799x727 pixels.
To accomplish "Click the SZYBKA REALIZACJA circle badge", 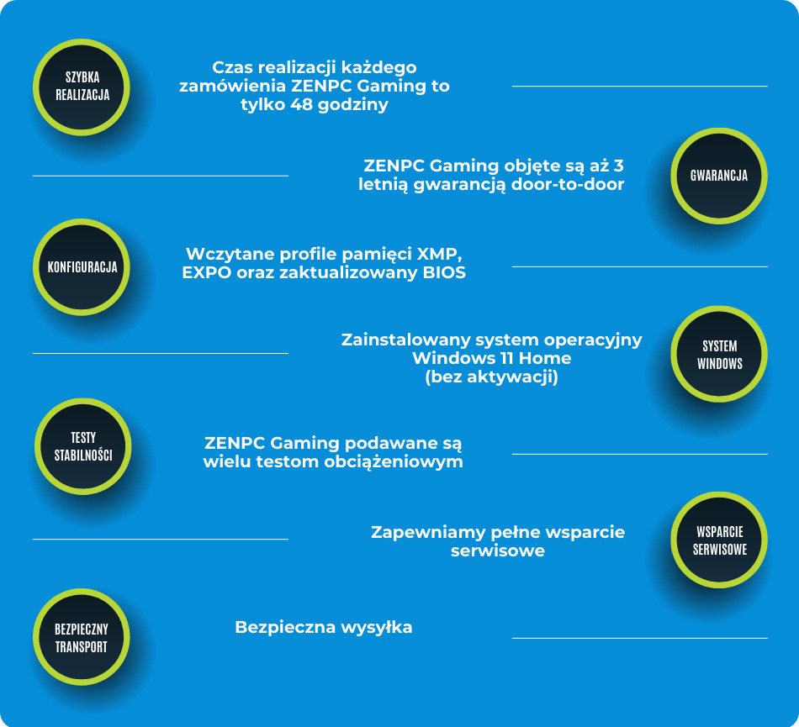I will [x=82, y=86].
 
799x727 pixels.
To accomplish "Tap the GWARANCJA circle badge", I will [x=719, y=176].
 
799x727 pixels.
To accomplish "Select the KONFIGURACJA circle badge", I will [x=82, y=267].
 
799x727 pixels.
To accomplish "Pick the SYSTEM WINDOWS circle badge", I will [x=719, y=355].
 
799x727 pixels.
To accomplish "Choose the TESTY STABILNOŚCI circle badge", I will [x=82, y=446].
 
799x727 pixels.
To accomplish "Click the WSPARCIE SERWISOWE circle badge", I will [x=719, y=540].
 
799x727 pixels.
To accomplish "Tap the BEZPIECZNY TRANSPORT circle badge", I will [x=82, y=637].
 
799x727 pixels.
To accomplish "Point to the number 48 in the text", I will [x=302, y=105].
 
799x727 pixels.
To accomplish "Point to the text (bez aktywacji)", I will [x=492, y=377].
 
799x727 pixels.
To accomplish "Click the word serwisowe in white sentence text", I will [x=497, y=551].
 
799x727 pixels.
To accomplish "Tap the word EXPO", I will [x=204, y=273].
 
